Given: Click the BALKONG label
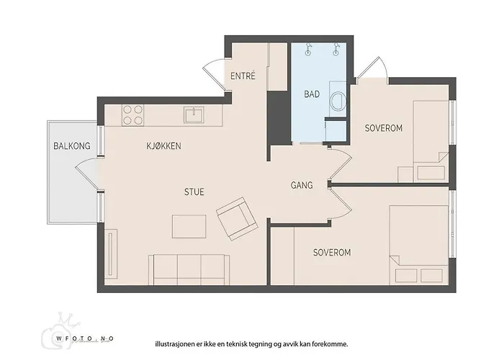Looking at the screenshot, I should click(72, 146).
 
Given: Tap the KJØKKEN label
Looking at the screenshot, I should click(163, 146).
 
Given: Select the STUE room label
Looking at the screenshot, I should click(194, 192).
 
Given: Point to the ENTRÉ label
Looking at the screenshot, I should click(243, 76).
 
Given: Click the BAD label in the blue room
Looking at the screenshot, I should click(312, 94).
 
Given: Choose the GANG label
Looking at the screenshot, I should click(301, 185).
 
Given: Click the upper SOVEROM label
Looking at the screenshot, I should click(383, 128).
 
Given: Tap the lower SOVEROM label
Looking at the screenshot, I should click(331, 253).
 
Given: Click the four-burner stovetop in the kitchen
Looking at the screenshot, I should click(132, 115).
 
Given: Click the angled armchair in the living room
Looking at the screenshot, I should click(237, 220).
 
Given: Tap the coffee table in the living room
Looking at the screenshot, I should click(189, 226).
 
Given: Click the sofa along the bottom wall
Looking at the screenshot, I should click(188, 270).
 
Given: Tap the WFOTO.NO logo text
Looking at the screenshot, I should click(86, 337).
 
